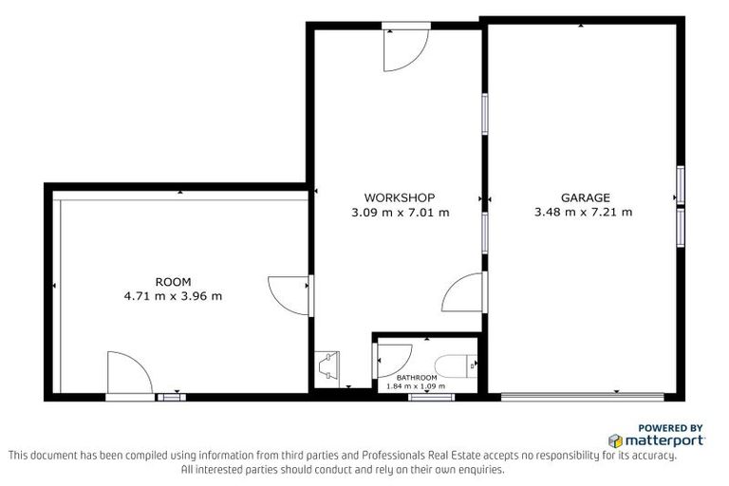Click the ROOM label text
(x=173, y=282)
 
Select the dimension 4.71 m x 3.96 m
(x=173, y=296)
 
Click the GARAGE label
(x=585, y=198)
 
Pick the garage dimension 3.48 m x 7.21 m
(x=585, y=213)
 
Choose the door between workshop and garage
(x=465, y=291)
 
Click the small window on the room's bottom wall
(x=171, y=397)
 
